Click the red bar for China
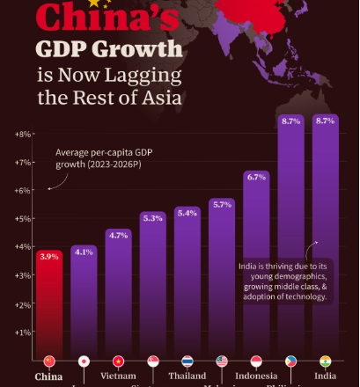point(48,308)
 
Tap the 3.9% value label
point(48,257)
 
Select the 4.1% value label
point(84,252)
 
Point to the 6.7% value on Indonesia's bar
point(256,177)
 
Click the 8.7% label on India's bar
point(326,120)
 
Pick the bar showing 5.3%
point(152,290)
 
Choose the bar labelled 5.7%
point(222,281)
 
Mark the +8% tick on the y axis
point(23,134)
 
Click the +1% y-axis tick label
point(23,332)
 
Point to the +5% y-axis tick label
point(23,218)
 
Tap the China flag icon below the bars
point(48,361)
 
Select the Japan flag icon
point(84,361)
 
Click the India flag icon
point(326,361)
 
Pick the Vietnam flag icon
point(118,361)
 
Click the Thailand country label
point(187,376)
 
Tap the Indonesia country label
point(256,376)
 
